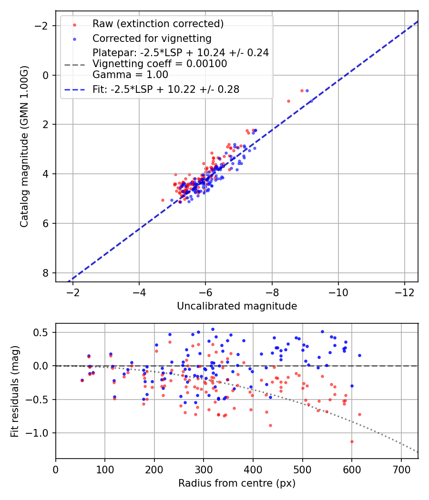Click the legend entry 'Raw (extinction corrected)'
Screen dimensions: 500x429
click(x=158, y=24)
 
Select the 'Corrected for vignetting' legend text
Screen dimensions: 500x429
click(x=152, y=38)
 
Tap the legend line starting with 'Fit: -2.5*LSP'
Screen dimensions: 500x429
click(x=165, y=90)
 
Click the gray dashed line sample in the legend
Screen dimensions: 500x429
click(x=74, y=64)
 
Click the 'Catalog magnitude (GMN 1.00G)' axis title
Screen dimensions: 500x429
click(x=24, y=147)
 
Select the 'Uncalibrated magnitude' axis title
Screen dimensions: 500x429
click(x=237, y=306)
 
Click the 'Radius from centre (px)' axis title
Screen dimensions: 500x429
click(x=237, y=483)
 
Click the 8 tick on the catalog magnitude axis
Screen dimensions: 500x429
click(x=47, y=273)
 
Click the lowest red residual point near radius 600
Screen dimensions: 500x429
click(x=352, y=441)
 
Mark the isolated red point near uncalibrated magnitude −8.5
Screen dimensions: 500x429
click(x=288, y=101)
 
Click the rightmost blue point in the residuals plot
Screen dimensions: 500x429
click(x=359, y=355)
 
